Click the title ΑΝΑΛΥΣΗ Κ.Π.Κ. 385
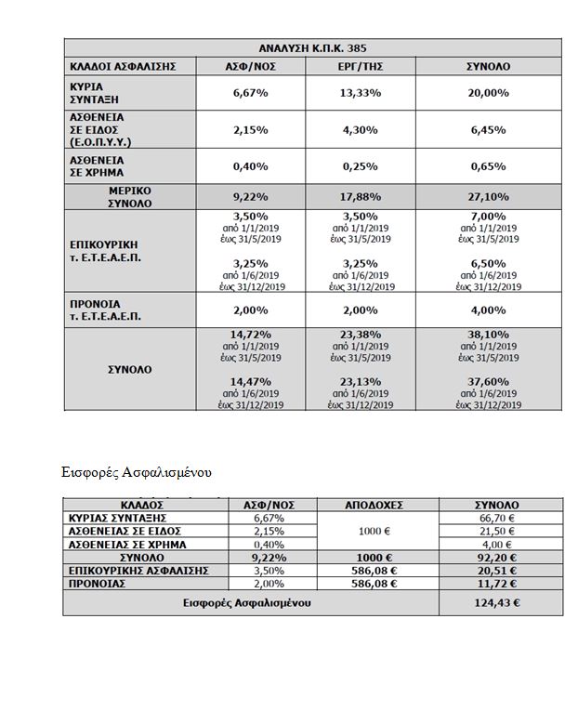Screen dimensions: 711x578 click(x=312, y=48)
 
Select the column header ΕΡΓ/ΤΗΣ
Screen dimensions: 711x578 click(x=358, y=67)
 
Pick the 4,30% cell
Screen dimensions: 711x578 click(x=358, y=130)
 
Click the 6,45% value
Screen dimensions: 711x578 click(x=488, y=130)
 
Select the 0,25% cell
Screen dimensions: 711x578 click(x=358, y=166)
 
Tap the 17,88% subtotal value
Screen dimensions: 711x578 click(x=358, y=196)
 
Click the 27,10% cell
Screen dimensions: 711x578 click(x=488, y=196)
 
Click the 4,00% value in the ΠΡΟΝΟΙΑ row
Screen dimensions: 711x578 click(x=488, y=310)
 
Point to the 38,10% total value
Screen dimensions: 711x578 click(x=488, y=334)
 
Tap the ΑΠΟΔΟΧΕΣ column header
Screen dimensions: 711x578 click(x=377, y=506)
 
